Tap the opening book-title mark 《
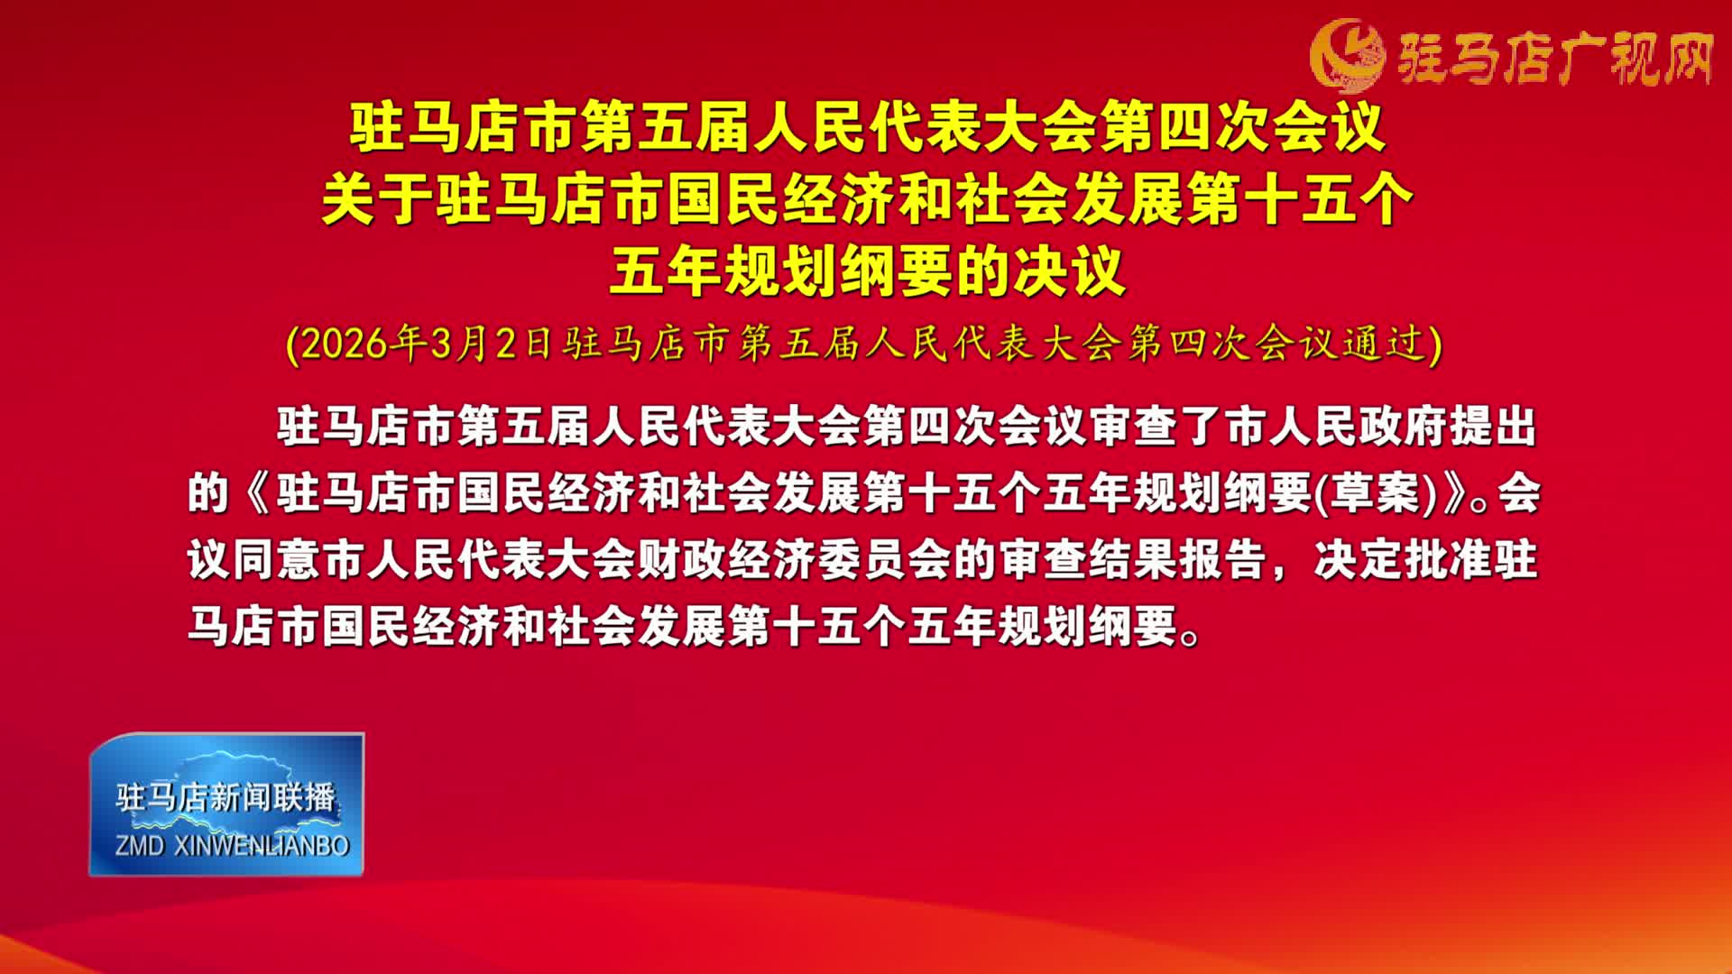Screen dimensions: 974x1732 (x=255, y=493)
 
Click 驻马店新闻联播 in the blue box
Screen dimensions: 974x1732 (x=226, y=797)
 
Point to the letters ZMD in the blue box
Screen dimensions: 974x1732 (x=140, y=846)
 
